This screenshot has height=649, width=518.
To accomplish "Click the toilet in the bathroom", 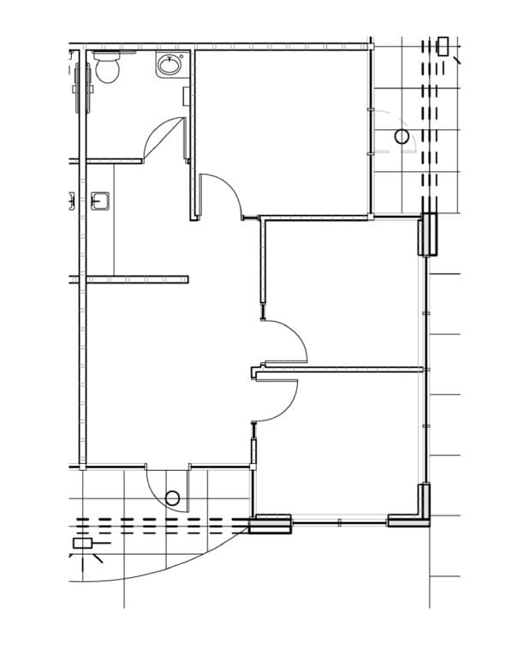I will (x=108, y=67).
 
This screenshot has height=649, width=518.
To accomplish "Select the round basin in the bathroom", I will (x=170, y=64).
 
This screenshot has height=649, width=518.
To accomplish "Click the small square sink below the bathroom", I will (x=100, y=202).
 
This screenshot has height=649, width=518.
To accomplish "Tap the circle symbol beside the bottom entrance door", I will (x=172, y=498).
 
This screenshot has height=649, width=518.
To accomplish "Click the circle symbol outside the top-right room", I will (x=402, y=137).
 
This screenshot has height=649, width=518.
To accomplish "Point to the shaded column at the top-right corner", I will (x=428, y=235).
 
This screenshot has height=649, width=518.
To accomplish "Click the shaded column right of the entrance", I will (x=271, y=522).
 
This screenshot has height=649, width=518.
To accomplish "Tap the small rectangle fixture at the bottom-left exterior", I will (x=82, y=543).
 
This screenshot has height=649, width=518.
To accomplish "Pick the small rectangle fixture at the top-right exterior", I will (x=443, y=46).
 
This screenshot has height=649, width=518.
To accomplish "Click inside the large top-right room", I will (x=283, y=128).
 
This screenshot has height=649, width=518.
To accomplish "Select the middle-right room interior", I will (x=342, y=291).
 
